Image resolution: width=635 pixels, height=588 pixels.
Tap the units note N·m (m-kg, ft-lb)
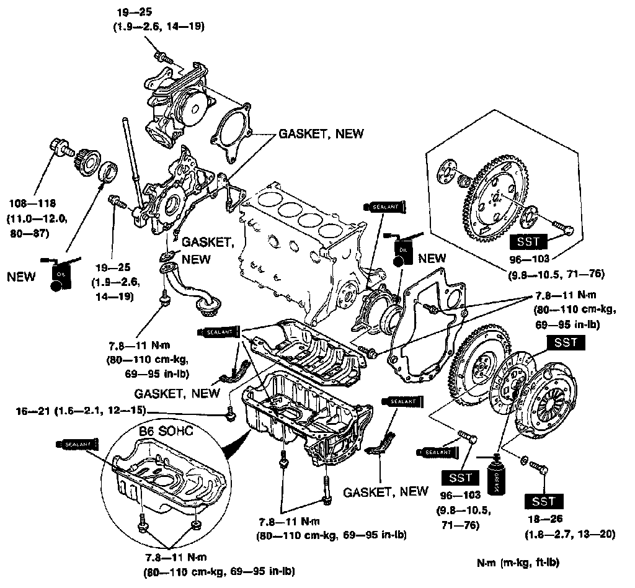[x=518, y=563]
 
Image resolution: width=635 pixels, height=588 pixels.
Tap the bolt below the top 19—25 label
[x=163, y=58]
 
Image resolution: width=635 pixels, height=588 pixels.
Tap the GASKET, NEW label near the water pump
[x=321, y=134]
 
